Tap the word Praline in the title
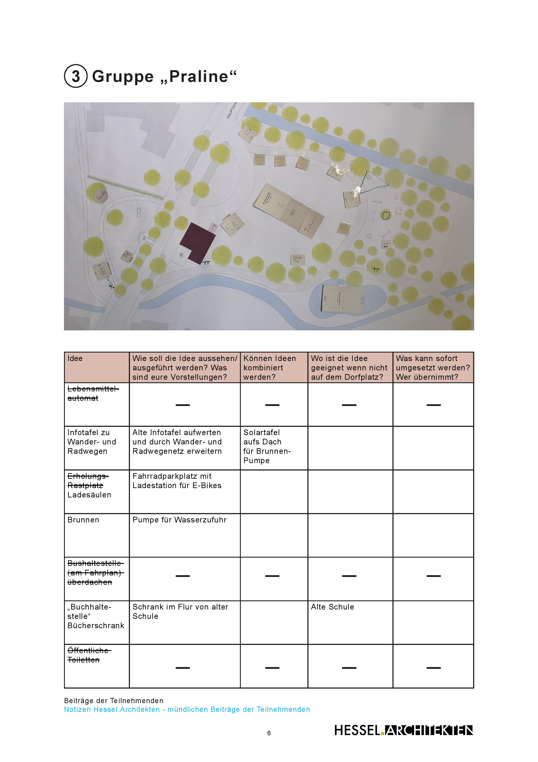(199, 77)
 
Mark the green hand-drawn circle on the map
(385, 215)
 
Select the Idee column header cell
(97, 367)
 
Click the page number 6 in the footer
(269, 733)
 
